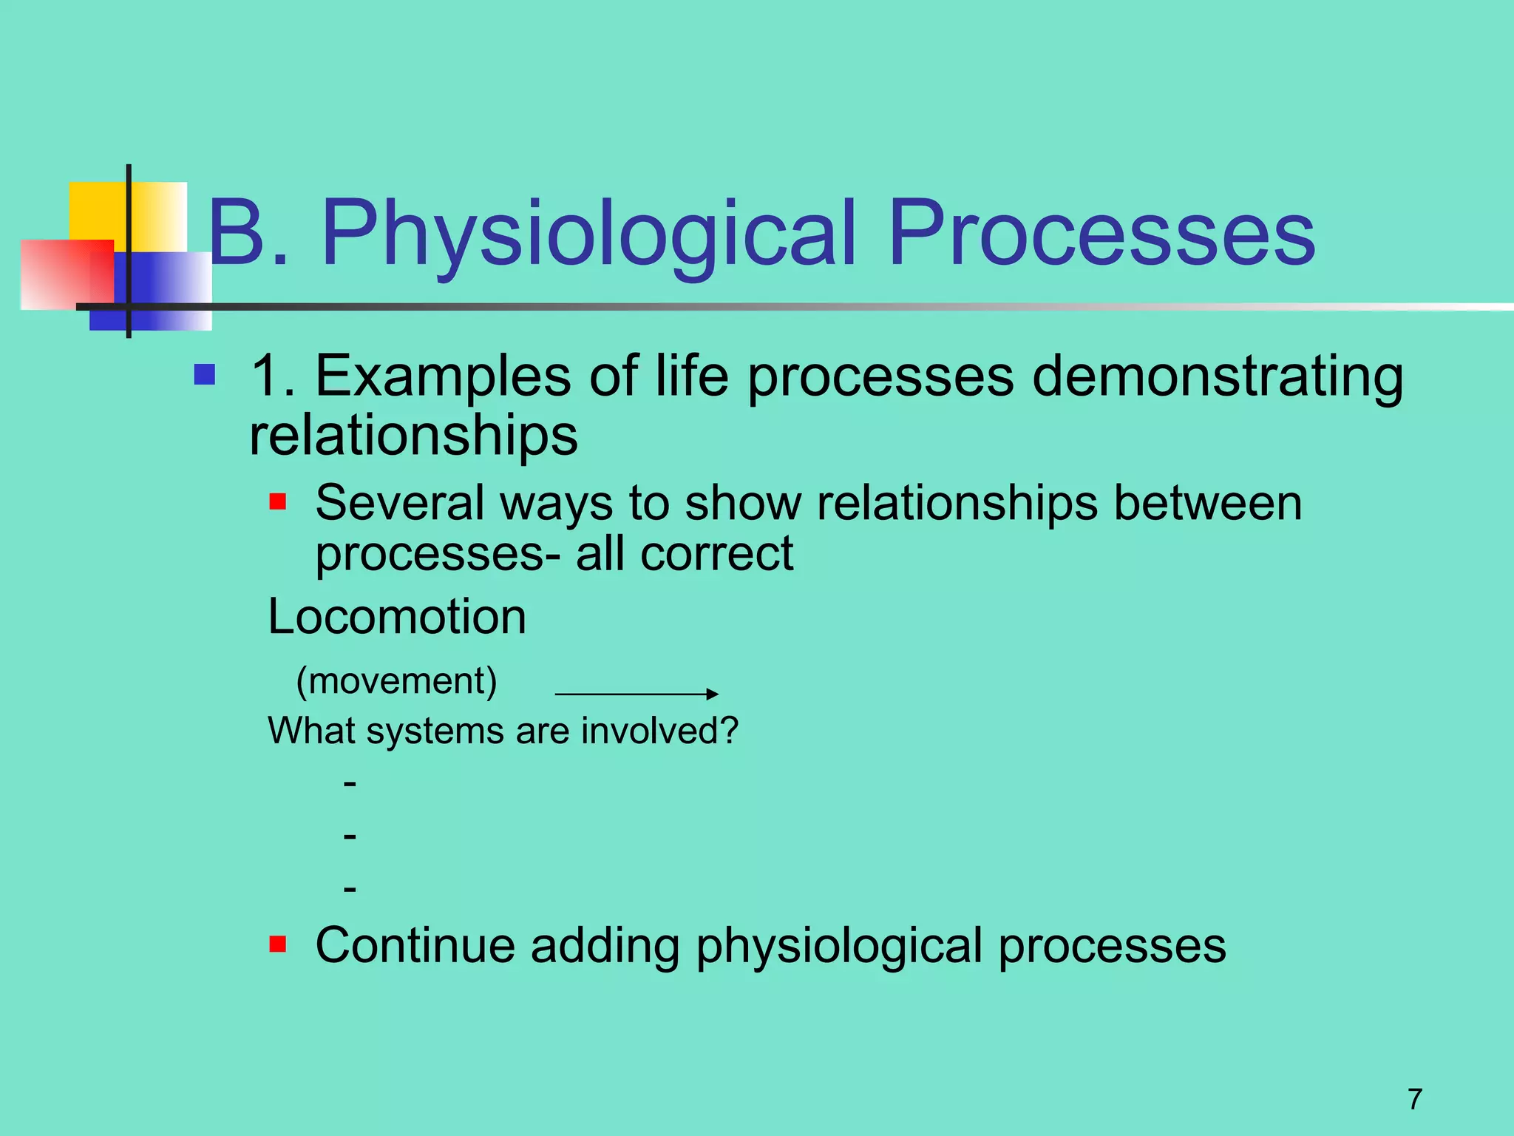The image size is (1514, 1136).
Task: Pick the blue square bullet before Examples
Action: click(204, 375)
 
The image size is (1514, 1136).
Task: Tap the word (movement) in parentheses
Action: click(397, 680)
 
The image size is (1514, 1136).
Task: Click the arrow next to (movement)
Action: click(636, 694)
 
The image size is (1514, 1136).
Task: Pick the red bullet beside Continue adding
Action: click(277, 944)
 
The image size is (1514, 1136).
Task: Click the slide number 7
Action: click(1415, 1099)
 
